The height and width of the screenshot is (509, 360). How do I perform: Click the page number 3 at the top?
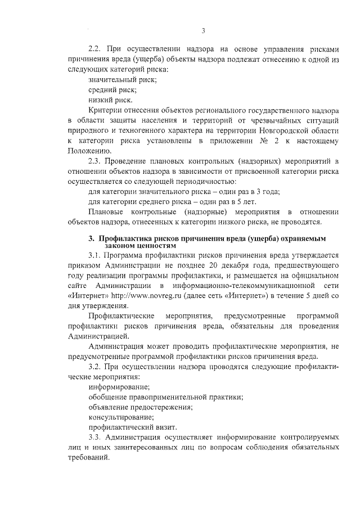pos(203,30)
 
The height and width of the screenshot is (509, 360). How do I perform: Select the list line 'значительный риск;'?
pos(123,80)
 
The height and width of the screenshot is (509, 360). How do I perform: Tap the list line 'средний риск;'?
pos(112,90)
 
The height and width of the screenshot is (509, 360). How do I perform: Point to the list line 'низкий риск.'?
pos(111,100)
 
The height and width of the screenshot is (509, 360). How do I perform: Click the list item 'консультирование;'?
pos(121,417)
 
